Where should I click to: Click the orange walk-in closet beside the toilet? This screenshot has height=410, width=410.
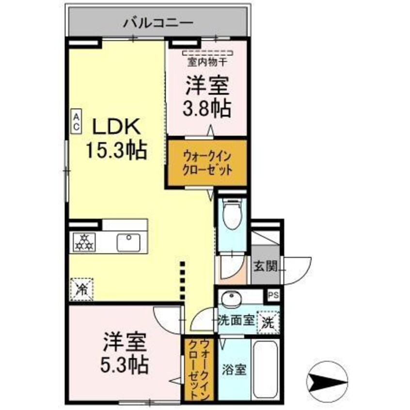coord(207,163)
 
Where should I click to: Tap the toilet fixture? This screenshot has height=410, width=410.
coord(232,214)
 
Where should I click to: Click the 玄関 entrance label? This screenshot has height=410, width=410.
coord(264,266)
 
